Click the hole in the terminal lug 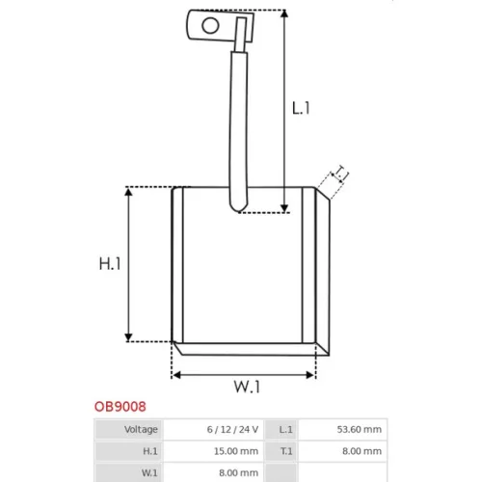point(210,26)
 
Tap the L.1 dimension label point(301,108)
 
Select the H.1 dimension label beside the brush point(110,264)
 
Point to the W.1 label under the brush point(247,387)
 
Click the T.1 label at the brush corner point(340,174)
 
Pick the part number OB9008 point(120,407)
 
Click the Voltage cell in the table point(141,429)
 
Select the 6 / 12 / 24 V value point(232,429)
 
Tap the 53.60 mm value point(360,429)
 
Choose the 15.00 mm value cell point(236,451)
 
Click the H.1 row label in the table point(150,451)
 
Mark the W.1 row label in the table point(149,473)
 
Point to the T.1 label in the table point(286,451)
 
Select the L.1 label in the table point(285,429)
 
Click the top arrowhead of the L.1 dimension point(284,13)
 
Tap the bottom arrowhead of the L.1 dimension point(284,208)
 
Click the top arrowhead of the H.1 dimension point(128,192)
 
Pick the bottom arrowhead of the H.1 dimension point(128,337)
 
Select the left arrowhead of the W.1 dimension point(176,375)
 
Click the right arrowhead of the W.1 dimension point(310,375)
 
